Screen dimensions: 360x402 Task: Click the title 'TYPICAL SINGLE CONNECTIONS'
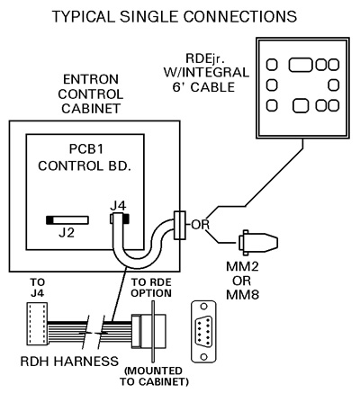point(175,16)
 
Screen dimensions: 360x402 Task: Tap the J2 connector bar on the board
point(67,220)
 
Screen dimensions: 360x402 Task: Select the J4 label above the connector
point(118,206)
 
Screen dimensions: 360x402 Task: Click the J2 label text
point(67,233)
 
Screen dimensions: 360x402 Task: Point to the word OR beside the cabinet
point(201,225)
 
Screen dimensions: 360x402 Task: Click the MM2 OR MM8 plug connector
point(258,243)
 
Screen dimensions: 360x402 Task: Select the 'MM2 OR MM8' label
point(242,281)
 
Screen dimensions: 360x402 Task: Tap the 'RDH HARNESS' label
point(69,362)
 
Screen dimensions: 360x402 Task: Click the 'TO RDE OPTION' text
point(151,288)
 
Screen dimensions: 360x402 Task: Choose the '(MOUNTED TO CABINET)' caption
point(154,376)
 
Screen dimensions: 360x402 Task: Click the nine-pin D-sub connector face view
point(204,332)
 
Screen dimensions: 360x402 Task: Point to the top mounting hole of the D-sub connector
point(204,307)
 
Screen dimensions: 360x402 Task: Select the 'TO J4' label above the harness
point(38,288)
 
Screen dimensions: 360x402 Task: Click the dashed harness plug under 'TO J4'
point(37,324)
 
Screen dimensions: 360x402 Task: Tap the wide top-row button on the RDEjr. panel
point(301,65)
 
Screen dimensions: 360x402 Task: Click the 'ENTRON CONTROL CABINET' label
point(91,94)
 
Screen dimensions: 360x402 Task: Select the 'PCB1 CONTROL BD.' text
point(85,157)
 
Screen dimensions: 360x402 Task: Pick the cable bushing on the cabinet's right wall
point(180,225)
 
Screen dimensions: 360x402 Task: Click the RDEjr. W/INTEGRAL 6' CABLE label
point(206,73)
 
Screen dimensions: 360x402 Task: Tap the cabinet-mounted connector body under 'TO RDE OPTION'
point(149,331)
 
